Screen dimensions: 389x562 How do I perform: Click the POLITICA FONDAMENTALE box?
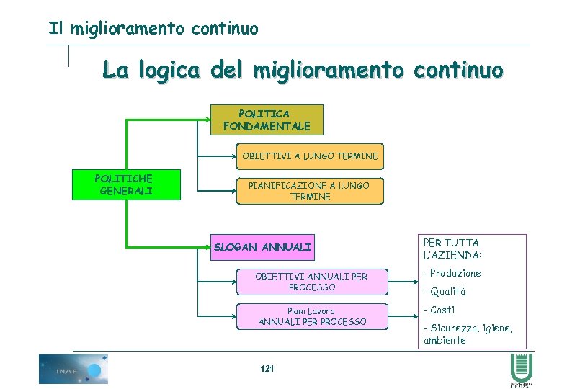[267, 120]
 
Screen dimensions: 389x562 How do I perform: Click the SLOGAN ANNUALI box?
[263, 248]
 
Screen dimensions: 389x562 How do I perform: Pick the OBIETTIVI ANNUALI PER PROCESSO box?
[311, 282]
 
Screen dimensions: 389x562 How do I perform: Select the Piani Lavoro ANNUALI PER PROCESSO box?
[311, 316]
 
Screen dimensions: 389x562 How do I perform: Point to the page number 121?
[267, 369]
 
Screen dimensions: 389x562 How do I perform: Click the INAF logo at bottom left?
[73, 369]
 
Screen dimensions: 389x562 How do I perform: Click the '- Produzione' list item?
[452, 274]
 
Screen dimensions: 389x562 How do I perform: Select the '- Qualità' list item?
[445, 292]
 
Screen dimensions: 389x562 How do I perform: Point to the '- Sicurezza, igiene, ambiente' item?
[468, 334]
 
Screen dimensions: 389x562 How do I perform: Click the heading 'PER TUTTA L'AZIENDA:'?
[452, 249]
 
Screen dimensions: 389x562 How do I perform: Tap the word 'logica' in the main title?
[168, 71]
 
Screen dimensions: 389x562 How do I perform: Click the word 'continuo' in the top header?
[225, 29]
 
